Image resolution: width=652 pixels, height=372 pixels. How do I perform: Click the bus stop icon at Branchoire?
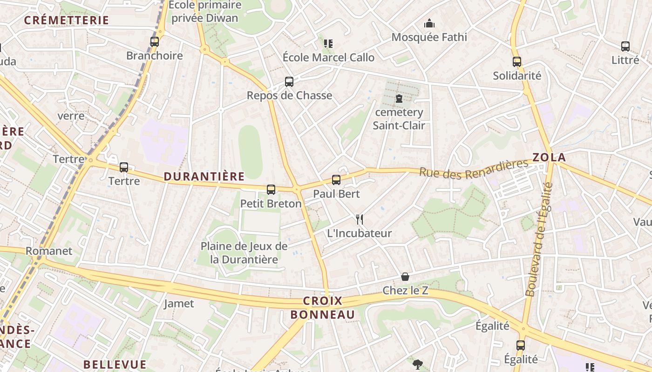(x=155, y=42)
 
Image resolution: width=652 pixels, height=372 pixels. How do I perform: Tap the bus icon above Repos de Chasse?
(x=289, y=82)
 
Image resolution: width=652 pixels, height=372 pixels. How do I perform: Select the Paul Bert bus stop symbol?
(x=336, y=180)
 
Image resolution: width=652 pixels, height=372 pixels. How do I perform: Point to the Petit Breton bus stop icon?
(x=271, y=189)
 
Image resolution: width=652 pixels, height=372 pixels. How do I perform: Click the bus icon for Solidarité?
(x=516, y=62)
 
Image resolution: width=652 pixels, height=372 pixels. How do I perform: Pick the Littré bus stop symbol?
(x=625, y=46)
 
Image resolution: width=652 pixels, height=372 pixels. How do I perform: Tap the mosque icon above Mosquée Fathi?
(x=429, y=23)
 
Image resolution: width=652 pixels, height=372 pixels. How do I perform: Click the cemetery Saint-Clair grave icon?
(x=399, y=99)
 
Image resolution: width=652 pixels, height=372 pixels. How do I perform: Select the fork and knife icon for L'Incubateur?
(x=360, y=219)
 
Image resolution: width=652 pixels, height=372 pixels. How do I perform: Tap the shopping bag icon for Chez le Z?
(x=405, y=277)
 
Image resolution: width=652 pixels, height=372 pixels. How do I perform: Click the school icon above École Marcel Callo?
(x=328, y=44)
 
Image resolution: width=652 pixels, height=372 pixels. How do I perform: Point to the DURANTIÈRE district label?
(x=204, y=176)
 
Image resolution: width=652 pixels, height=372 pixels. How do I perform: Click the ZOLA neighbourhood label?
(x=549, y=157)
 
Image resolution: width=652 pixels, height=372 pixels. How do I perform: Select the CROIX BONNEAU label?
(x=323, y=308)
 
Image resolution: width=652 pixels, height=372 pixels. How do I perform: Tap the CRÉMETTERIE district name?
(x=67, y=20)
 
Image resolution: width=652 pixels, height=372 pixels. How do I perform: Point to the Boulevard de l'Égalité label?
(x=539, y=239)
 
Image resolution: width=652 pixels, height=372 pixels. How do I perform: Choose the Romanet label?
(x=49, y=251)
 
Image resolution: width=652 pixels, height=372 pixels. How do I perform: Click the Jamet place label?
(x=179, y=304)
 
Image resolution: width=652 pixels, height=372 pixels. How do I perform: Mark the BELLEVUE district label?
(x=115, y=364)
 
